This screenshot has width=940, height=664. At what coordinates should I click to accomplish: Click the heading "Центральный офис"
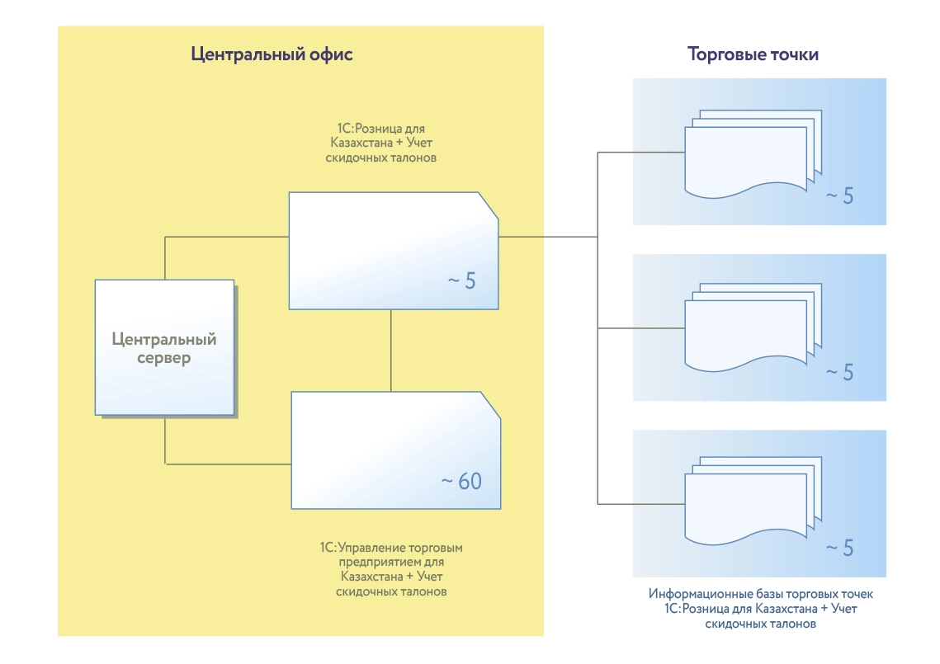point(272,55)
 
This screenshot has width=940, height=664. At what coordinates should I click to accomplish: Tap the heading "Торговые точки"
point(753,55)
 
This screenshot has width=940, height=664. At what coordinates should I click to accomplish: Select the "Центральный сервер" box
point(163,347)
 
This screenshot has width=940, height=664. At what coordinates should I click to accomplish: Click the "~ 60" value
point(461,481)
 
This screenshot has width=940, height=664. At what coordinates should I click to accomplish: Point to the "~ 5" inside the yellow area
point(461,280)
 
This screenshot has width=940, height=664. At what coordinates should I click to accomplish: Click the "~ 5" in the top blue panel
point(839,196)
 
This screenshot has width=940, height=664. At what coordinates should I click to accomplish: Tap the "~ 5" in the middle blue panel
point(839,372)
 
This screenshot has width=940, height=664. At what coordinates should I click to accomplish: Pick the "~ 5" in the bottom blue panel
point(839,548)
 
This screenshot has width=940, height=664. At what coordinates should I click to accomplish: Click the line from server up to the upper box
point(165,256)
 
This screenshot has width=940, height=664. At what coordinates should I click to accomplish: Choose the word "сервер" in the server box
point(163,358)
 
